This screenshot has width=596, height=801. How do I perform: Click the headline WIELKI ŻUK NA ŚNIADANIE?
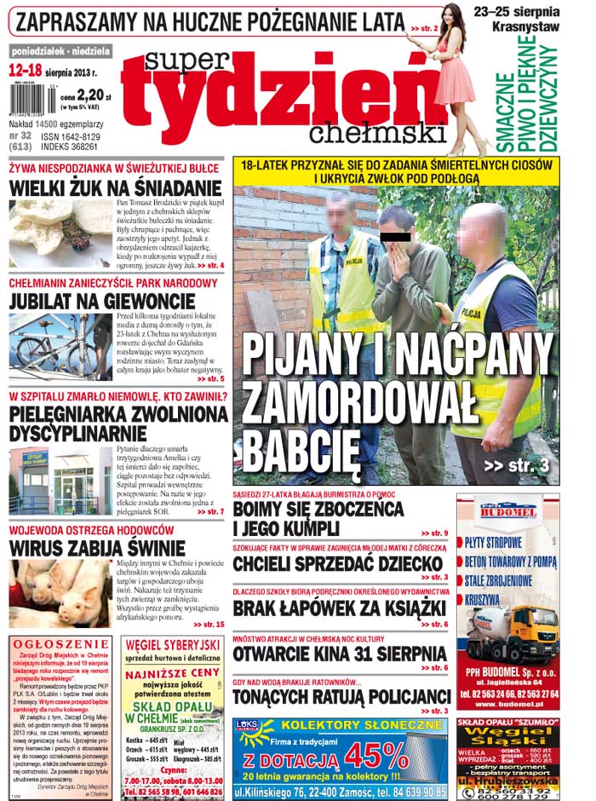coord(115,187)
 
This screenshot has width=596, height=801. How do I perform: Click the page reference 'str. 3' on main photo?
coord(515,465)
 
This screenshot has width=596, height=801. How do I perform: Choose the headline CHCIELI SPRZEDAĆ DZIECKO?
coord(338,563)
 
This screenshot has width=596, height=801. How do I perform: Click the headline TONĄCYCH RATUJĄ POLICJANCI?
coord(342,695)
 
